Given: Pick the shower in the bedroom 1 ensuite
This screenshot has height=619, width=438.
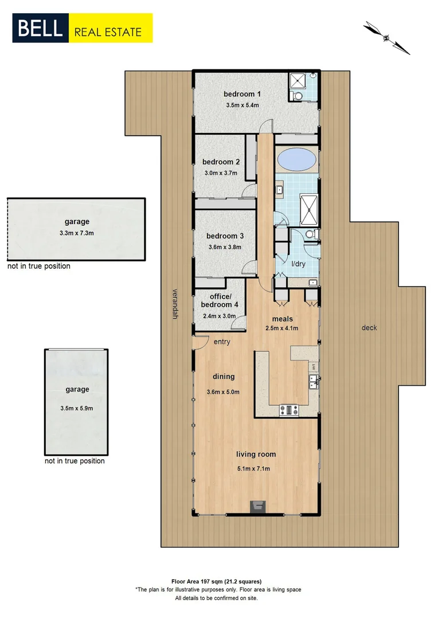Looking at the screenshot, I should (x=298, y=80).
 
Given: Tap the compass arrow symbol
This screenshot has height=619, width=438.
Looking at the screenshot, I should (x=387, y=38).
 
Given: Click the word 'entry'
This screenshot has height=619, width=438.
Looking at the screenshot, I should (x=221, y=342).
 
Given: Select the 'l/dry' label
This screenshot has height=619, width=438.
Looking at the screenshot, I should (x=298, y=264).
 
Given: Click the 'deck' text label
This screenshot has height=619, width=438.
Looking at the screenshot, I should (x=369, y=328).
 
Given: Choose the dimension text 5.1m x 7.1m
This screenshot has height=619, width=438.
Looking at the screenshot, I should (x=256, y=469).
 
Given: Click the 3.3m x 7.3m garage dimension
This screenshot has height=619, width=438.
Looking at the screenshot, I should (x=77, y=233).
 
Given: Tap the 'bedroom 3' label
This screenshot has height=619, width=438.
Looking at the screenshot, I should (x=225, y=236).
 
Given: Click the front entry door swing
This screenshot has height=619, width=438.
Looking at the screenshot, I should (x=201, y=342).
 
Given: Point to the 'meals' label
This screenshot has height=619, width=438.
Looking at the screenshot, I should (x=282, y=319).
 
